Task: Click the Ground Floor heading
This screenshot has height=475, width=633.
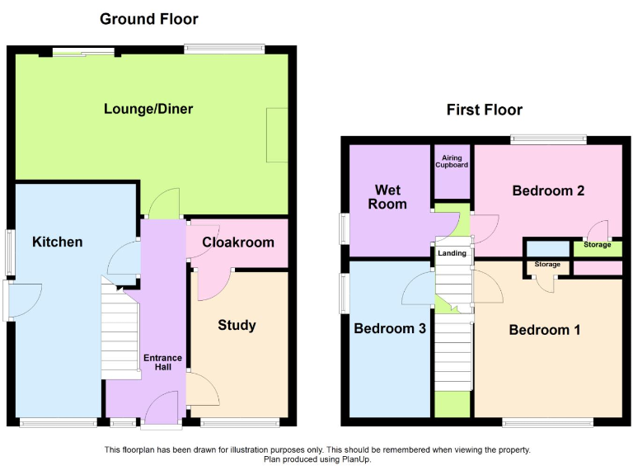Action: click(x=149, y=18)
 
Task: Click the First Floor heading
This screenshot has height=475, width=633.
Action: click(x=484, y=110)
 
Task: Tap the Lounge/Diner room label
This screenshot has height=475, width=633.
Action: click(x=148, y=109)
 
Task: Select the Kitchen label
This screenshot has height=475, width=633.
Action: click(x=58, y=242)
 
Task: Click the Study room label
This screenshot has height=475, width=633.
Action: click(x=237, y=325)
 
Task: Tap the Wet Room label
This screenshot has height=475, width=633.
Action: click(x=387, y=197)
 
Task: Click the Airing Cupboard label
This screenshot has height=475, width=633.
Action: click(x=452, y=161)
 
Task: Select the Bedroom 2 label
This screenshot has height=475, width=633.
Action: click(x=548, y=190)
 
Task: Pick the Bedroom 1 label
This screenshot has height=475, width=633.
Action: click(x=545, y=330)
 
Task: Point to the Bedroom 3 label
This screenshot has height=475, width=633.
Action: click(x=390, y=328)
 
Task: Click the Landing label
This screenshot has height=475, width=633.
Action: click(x=452, y=254)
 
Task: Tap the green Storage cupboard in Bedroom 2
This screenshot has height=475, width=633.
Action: click(x=598, y=245)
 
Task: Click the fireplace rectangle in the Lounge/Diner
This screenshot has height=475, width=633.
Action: click(x=277, y=135)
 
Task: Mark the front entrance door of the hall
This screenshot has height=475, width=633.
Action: click(x=161, y=410)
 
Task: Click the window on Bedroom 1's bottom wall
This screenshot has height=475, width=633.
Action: click(x=548, y=422)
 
